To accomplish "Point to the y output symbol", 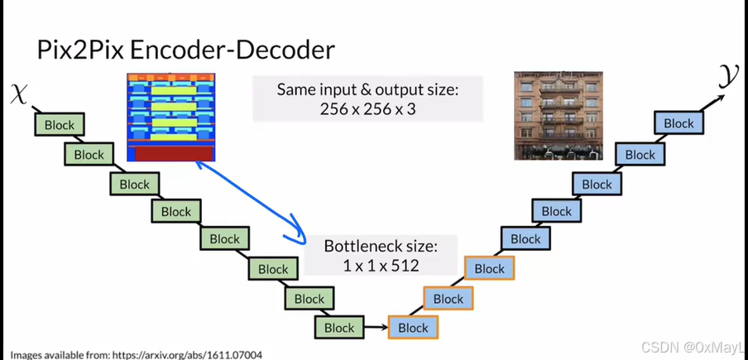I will point(727,79).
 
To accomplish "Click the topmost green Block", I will point(60,125).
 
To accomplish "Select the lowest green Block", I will point(339,328).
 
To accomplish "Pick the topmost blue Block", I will point(678,123).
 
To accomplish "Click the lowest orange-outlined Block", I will point(413,328).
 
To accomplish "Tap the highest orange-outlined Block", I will point(489,268).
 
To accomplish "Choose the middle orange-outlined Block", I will point(448,299).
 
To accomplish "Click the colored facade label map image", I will point(170,117).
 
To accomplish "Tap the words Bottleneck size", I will point(380,246).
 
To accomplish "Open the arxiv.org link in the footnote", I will point(191,354).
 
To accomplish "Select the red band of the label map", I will point(170,153).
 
